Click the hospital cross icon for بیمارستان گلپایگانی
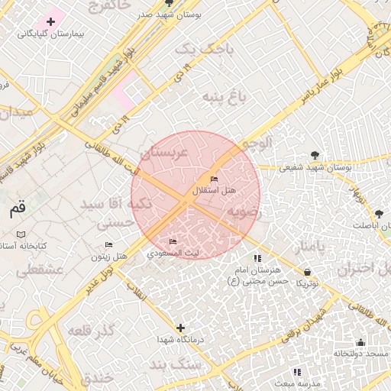tap(51, 21)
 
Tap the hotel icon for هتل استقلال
tap(215, 178)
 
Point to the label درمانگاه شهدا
tap(178, 339)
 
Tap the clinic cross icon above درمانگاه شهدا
tap(180, 328)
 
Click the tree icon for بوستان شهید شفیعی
tap(315, 155)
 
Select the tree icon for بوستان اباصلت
tap(379, 213)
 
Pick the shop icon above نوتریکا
tap(307, 271)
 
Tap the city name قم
tap(17, 208)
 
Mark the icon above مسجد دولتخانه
tap(360, 342)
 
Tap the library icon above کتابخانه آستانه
tap(21, 234)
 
